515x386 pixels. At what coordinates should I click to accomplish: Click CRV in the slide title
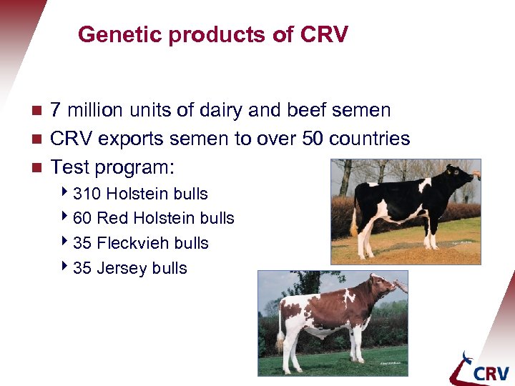point(325,34)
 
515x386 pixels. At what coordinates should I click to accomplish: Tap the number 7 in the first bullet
point(57,110)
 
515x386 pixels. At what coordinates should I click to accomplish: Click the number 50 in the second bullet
point(313,139)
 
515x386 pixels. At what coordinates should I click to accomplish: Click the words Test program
point(112,167)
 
